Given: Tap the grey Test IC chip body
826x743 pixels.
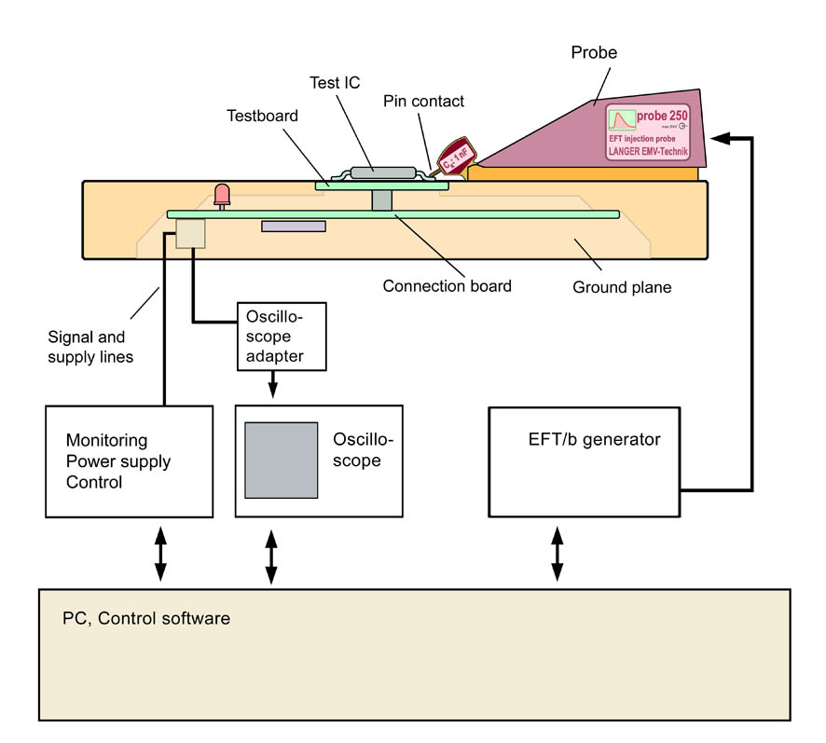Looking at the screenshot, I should [375, 171].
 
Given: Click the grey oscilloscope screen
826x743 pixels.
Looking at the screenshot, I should [281, 460].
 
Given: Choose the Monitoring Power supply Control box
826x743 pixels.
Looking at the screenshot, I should [131, 461].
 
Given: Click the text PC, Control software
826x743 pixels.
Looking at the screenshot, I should [146, 618].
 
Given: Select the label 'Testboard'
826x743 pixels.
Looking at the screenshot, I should [262, 116].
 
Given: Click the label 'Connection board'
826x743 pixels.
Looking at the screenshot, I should [447, 286].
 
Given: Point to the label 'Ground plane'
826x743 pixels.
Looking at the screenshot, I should [621, 288].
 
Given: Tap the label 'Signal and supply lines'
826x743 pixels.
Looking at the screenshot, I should [92, 346].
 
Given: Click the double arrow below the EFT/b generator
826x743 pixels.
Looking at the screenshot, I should [558, 553].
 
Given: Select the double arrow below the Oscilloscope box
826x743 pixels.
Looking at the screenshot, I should [271, 557].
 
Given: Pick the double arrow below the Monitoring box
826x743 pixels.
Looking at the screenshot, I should [160, 553].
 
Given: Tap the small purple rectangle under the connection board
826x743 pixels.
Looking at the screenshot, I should [294, 226].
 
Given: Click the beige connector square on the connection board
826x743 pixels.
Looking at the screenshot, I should [190, 233].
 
